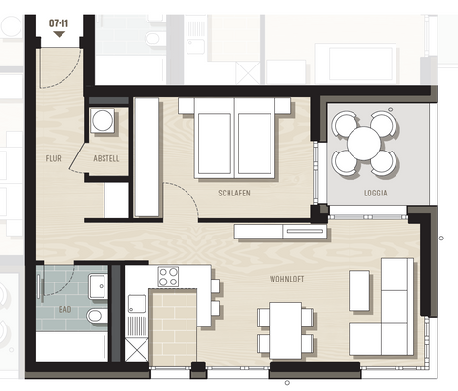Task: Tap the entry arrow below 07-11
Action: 59,33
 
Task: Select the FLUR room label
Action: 54,158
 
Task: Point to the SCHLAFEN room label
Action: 234,194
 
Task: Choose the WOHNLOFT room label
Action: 287,280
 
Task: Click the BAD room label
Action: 65,309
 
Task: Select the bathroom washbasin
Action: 98,285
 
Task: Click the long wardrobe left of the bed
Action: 146,156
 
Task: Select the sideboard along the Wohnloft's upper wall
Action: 281,231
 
